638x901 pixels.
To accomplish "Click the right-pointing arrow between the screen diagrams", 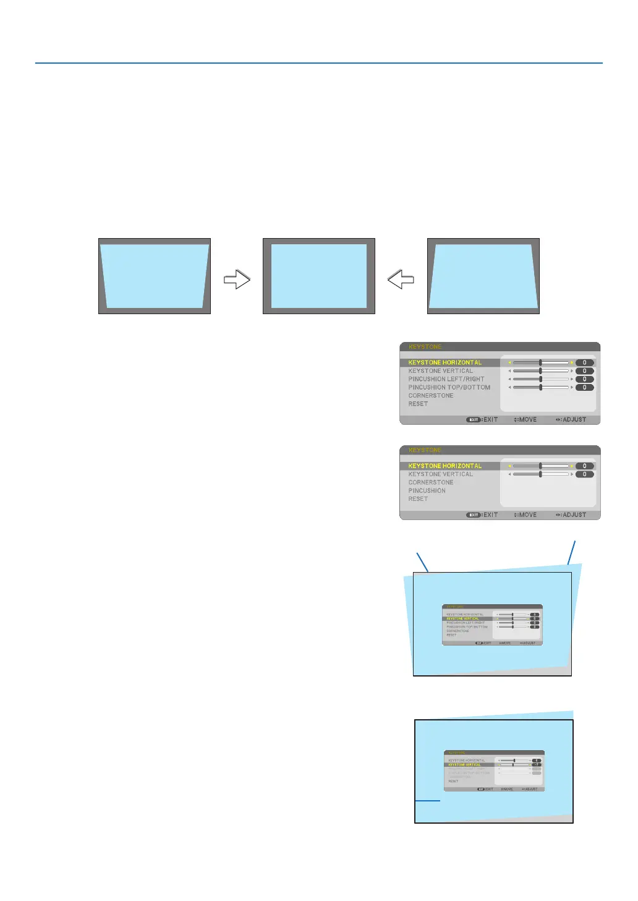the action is (236, 280).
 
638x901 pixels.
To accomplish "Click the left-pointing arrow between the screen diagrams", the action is (401, 280).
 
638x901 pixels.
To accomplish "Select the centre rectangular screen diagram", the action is (318, 276).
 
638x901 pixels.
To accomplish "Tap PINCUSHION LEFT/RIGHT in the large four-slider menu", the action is (446, 379).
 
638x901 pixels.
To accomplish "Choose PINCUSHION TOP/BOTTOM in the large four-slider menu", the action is (449, 387).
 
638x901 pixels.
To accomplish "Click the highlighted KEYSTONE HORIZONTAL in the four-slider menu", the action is (445, 362).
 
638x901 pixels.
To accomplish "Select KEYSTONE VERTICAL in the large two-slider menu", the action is (440, 474).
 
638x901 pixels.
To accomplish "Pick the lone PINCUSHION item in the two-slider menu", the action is (427, 490).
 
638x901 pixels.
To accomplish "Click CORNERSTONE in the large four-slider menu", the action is (431, 396).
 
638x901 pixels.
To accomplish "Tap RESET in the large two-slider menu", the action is (418, 499).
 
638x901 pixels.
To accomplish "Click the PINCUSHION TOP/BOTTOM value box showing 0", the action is (584, 388).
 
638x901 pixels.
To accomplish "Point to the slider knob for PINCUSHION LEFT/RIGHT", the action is (540, 379).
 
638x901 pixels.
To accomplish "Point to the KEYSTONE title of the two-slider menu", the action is (425, 450).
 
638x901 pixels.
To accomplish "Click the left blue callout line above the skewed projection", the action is (423, 562).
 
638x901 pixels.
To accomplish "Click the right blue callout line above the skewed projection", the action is (572, 552).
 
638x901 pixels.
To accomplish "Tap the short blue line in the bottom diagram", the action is (427, 801).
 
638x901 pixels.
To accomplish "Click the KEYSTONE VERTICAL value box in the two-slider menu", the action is (584, 474).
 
